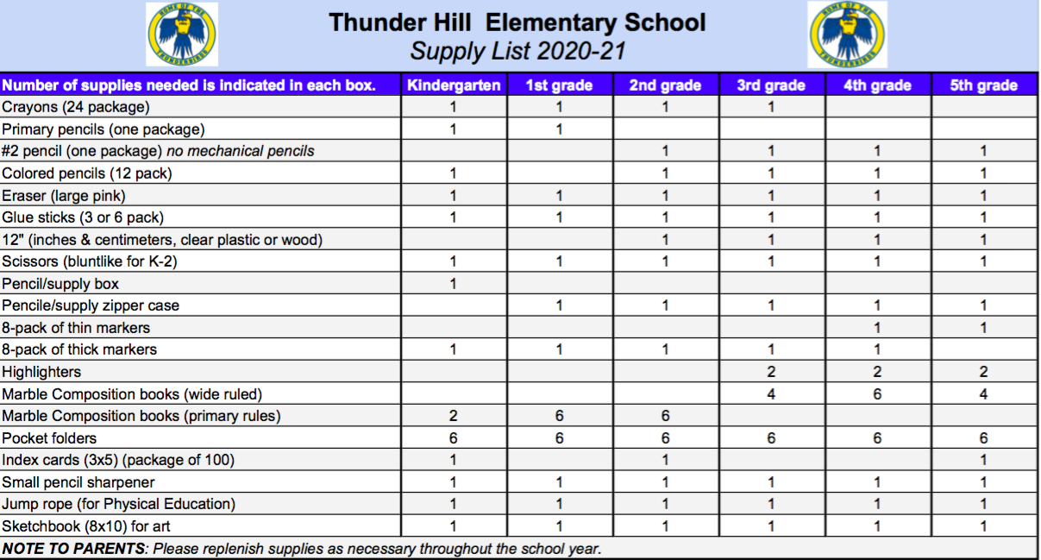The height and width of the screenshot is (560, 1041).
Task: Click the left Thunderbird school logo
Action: click(182, 35)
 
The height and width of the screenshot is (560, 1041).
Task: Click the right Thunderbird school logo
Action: click(847, 35)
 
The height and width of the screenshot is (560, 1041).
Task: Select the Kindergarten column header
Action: click(454, 85)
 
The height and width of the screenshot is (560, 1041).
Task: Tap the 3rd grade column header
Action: click(771, 85)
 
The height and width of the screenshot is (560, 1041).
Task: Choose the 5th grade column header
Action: click(983, 85)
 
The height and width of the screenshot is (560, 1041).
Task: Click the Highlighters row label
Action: click(41, 372)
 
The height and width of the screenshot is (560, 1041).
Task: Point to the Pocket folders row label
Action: click(49, 438)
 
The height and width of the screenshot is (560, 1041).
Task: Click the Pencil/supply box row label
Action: click(60, 284)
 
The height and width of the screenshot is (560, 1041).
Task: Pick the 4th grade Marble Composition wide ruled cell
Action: click(877, 394)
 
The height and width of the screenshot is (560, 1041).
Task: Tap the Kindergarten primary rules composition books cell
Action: click(454, 416)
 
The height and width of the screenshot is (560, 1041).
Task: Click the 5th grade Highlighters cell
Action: click(983, 372)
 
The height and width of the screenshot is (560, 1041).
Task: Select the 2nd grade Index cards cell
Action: click(665, 460)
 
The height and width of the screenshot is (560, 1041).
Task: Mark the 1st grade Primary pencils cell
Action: click(559, 129)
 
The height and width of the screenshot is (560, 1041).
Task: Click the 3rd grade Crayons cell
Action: click(771, 107)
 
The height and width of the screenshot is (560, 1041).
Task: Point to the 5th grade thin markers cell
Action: click(983, 328)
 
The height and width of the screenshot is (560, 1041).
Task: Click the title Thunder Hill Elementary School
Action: click(517, 22)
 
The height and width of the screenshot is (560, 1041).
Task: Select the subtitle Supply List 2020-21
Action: click(517, 51)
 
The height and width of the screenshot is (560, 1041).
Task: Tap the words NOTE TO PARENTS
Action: click(74, 549)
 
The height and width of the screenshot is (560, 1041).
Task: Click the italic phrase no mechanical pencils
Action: click(241, 151)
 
